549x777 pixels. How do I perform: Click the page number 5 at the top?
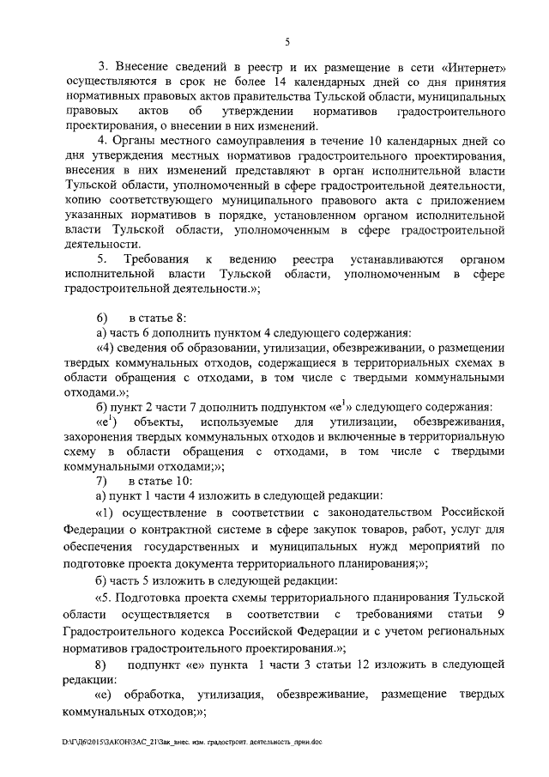point(287,39)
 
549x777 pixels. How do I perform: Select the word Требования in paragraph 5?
point(159,258)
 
